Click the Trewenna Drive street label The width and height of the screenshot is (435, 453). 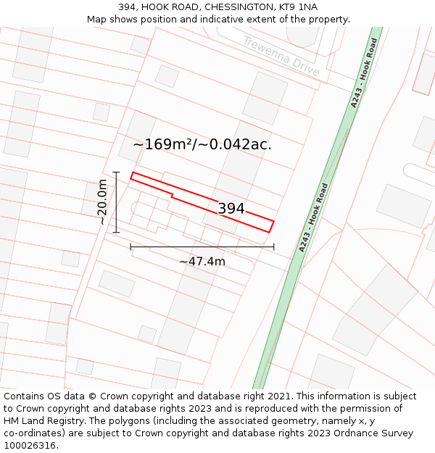(281, 56)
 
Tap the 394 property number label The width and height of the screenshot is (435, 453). (231, 209)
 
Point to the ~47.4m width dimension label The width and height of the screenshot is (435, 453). (202, 261)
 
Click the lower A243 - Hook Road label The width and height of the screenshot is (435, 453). (314, 217)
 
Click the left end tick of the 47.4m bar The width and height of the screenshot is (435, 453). (130, 247)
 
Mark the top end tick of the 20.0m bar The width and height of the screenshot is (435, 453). (116, 173)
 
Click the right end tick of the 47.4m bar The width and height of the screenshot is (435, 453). (274, 247)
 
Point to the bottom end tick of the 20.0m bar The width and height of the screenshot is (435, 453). (116, 233)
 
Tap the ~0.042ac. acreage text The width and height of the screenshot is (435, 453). (235, 144)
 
